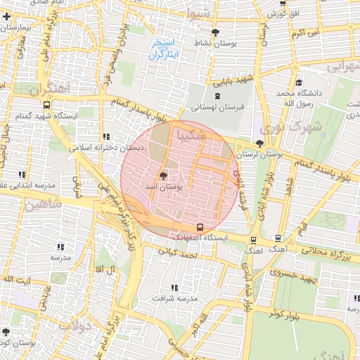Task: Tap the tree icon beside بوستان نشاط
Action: pyautogui.click(x=215, y=32)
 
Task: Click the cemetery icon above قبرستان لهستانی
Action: pyautogui.click(x=217, y=95)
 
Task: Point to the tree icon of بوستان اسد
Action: pyautogui.click(x=163, y=176)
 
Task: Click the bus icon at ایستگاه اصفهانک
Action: pyautogui.click(x=201, y=226)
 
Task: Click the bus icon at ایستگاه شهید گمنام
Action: pyautogui.click(x=46, y=105)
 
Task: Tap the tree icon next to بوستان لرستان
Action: pyautogui.click(x=260, y=143)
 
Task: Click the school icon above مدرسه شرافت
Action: pyautogui.click(x=174, y=287)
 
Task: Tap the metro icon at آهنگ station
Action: pyautogui.click(x=278, y=238)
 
